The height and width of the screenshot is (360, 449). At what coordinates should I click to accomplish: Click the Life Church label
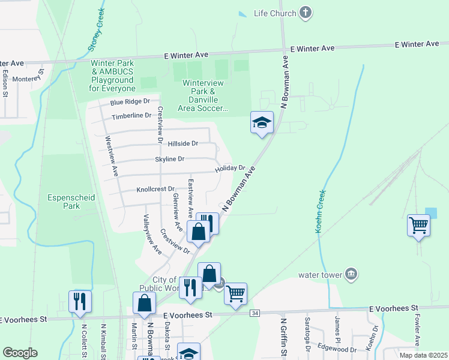point(275,13)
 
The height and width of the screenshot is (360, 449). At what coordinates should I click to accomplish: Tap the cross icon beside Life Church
point(306,13)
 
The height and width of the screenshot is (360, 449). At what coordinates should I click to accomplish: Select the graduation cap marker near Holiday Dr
point(262,123)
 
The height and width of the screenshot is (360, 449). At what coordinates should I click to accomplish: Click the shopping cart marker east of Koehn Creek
point(418,226)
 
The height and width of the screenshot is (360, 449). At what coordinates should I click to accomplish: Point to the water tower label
point(321,275)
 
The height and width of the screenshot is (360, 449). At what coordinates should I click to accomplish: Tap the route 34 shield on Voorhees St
point(256,313)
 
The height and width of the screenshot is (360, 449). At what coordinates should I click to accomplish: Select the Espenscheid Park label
point(63,201)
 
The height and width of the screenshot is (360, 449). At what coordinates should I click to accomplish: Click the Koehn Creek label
point(321,212)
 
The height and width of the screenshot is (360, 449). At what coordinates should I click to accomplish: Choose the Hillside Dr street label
point(182,143)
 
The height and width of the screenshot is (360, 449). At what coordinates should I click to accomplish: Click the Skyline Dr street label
point(169,159)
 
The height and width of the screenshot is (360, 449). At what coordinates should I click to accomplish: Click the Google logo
point(20,353)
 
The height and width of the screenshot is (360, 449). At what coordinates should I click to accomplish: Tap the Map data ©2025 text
point(423,355)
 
